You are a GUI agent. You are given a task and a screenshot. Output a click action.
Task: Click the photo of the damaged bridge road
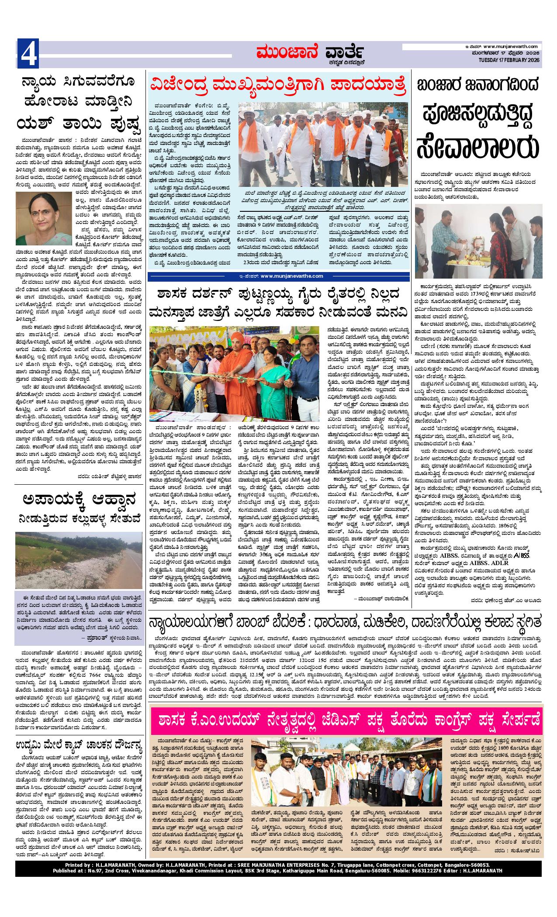point(80,560)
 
